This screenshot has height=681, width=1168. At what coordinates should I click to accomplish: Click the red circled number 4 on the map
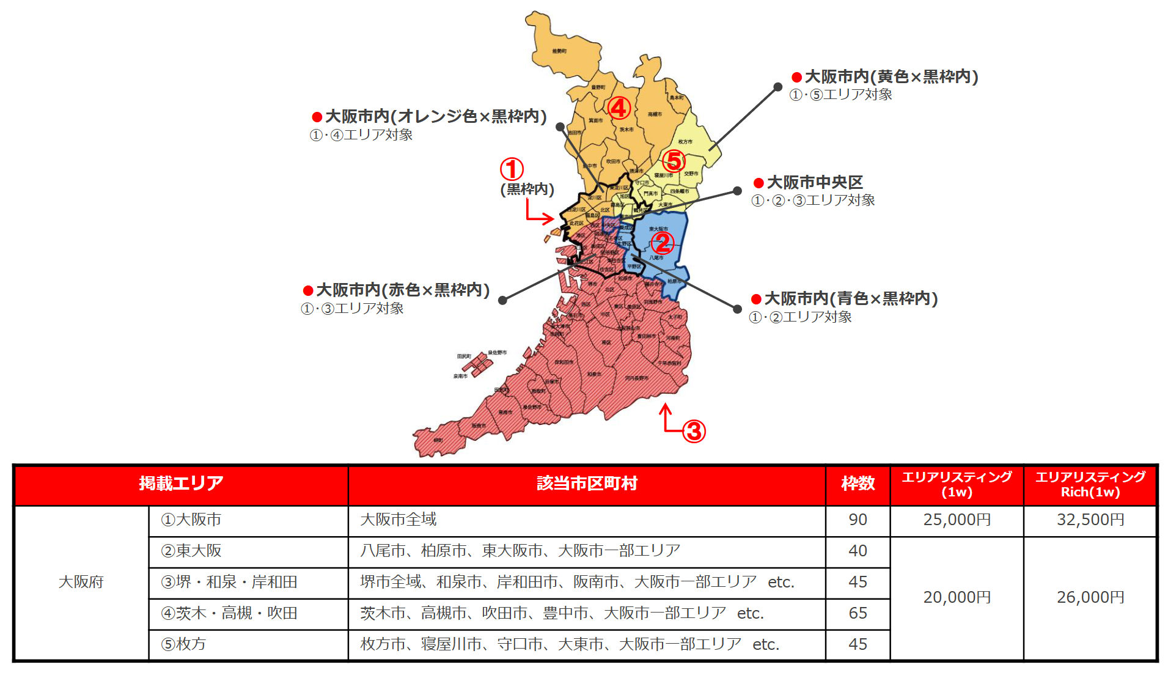pos(619,108)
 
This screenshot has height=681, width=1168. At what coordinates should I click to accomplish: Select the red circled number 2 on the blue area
pos(663,243)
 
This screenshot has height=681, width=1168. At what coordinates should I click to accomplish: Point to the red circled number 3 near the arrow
pos(694,432)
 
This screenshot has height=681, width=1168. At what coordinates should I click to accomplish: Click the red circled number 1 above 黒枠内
pos(512,169)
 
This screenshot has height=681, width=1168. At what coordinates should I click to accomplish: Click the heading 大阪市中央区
pos(814,182)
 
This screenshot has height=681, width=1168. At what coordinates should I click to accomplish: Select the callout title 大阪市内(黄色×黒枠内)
pos(891,76)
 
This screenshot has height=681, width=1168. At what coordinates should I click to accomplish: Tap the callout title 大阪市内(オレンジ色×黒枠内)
pos(435,116)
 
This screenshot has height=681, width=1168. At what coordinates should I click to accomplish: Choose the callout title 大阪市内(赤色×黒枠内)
pos(402,290)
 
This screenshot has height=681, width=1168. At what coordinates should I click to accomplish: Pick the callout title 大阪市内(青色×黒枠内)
pos(850,298)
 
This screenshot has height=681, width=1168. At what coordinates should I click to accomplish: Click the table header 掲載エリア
pos(181,484)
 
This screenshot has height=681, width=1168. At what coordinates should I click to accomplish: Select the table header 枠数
pos(858,484)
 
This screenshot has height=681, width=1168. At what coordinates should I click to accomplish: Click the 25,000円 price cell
pos(957,520)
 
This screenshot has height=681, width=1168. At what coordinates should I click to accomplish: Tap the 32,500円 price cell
pos(1090,520)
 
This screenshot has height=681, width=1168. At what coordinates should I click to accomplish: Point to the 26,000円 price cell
pos(1090,597)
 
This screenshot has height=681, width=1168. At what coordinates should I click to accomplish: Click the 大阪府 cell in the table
pos(81,582)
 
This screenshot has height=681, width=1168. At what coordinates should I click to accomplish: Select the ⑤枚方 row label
pos(183,644)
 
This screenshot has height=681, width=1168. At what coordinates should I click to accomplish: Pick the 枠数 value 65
pos(858,613)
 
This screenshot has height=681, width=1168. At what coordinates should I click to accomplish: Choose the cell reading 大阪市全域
pos(399,520)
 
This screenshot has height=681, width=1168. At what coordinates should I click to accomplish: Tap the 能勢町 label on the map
pos(559,51)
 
